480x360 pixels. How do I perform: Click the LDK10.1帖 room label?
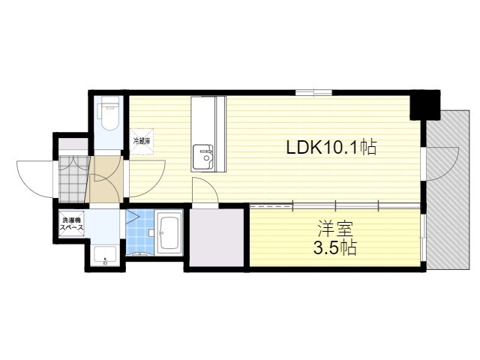[331, 147]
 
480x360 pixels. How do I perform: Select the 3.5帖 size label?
[334, 247]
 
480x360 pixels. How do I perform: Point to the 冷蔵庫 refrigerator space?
[141, 142]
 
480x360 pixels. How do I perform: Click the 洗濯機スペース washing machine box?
[72, 223]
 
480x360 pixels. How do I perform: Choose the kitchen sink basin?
[203, 157]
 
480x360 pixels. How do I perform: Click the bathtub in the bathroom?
[169, 232]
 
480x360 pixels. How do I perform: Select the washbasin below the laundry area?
[105, 256]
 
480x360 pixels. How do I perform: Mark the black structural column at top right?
[425, 105]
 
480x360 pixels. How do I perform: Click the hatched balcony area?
[448, 190]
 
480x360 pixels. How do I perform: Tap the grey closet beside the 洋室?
[217, 238]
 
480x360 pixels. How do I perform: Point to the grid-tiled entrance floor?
[73, 179]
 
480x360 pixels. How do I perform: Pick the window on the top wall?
[313, 92]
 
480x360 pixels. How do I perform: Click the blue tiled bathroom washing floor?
[140, 232]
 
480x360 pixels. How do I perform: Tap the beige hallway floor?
[105, 179]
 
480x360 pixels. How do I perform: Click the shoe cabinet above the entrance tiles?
[73, 145]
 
